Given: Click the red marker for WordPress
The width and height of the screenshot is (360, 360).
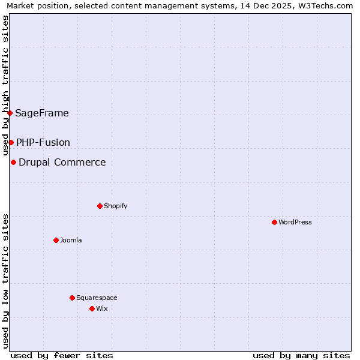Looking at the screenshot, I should tap(274, 222).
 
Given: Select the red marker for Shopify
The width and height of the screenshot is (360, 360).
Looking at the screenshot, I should tap(100, 206).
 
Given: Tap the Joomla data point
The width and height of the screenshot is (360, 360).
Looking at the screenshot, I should tap(56, 240).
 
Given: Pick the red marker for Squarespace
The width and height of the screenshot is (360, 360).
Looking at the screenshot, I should tap(72, 298).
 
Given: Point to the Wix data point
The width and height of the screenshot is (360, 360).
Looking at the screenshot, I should tap(92, 308).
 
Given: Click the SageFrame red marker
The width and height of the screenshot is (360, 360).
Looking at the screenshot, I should tap(10, 113).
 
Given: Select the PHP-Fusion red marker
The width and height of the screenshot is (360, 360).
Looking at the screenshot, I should tap(11, 142).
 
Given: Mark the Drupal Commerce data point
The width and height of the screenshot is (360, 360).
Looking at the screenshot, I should tap(13, 162).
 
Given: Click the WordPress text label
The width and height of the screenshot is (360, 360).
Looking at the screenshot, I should tap(295, 222).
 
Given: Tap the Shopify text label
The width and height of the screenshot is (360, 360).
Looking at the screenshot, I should tap(116, 206).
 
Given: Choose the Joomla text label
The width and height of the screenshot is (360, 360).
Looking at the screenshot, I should tap(71, 240).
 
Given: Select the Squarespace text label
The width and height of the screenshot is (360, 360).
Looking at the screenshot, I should tap(97, 298).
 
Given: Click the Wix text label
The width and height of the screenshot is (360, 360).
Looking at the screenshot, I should tap(102, 308).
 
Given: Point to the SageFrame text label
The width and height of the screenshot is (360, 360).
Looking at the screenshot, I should tap(42, 113).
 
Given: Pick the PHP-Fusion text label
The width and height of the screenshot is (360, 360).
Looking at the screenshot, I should tap(43, 142).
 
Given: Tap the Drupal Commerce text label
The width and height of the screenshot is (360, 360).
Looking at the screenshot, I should tap(62, 162).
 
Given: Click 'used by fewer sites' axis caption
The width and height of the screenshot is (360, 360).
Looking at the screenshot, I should tap(62, 355).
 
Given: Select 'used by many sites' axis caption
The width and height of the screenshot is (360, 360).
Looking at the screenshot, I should tap(301, 355).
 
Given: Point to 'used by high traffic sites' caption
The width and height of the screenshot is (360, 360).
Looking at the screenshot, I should tap(6, 85).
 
